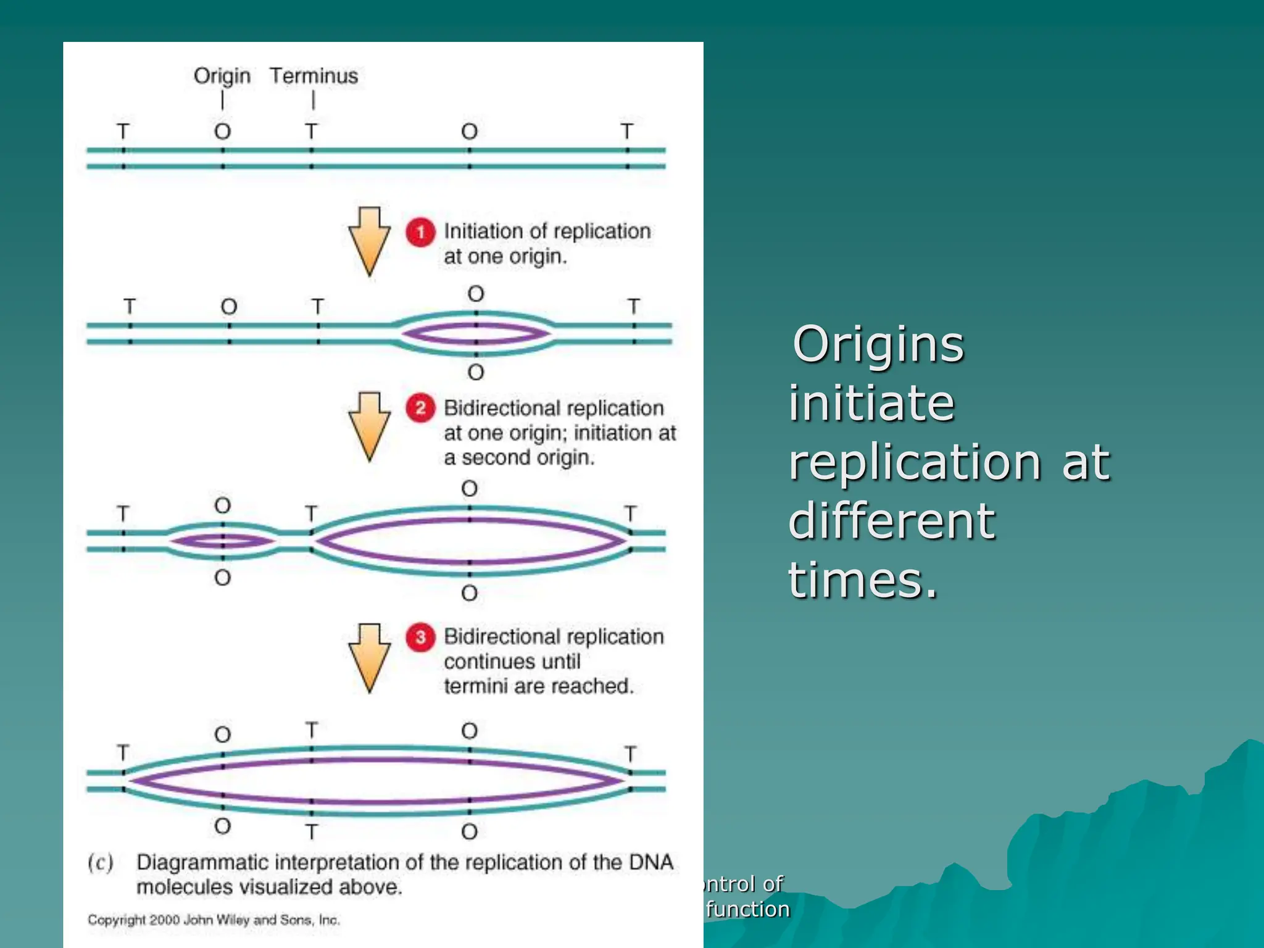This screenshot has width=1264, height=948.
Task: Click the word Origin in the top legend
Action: coord(222,76)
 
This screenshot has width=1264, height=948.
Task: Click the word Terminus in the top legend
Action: coord(314,76)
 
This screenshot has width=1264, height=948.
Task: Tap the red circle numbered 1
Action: coord(420,232)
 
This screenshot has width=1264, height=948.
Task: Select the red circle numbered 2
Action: coord(420,408)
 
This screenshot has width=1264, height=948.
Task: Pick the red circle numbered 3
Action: coord(420,636)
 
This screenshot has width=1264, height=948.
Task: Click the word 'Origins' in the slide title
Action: coord(878,344)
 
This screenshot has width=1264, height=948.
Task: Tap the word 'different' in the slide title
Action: coord(891,521)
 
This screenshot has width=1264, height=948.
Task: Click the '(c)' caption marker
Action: coord(101,862)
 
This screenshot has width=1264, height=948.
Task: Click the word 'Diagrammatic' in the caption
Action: coord(202,862)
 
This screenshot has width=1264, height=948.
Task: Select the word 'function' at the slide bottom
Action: coord(747,909)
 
